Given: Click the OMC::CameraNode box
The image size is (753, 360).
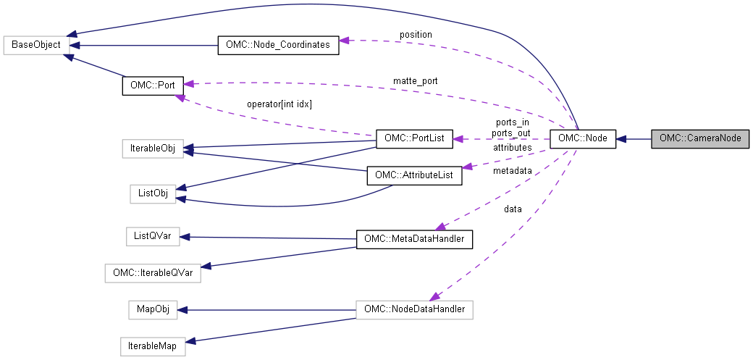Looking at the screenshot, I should tap(699, 138).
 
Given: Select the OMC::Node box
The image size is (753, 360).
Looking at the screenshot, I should tap(583, 138).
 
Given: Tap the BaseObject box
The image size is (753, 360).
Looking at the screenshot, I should tap(36, 44).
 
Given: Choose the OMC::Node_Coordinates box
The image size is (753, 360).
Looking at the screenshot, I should tap(278, 45).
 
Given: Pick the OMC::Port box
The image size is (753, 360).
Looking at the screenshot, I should tap(152, 85).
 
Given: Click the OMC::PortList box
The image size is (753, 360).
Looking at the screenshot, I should tap(414, 138).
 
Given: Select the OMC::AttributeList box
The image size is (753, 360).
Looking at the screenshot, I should tap(414, 175).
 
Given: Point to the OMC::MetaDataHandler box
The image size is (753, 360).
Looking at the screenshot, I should tap(414, 238).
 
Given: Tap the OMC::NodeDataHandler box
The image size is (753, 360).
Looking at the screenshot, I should tap(414, 310).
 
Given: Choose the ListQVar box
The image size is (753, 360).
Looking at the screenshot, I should tap(152, 236).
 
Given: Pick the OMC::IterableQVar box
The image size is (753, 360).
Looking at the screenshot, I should tap(153, 273).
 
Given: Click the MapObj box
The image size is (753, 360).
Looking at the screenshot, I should tap(153, 310).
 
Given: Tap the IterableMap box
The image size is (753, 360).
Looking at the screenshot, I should tap(153, 347).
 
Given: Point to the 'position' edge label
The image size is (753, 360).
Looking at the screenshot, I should tap(416, 35).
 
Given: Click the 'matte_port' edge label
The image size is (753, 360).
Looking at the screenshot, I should tap(415, 80).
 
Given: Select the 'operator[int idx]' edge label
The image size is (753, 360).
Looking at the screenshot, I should tap(279, 104).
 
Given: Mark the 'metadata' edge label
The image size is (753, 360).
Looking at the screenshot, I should tap(512, 171).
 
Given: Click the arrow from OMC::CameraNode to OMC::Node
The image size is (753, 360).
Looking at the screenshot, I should tap(634, 138).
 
